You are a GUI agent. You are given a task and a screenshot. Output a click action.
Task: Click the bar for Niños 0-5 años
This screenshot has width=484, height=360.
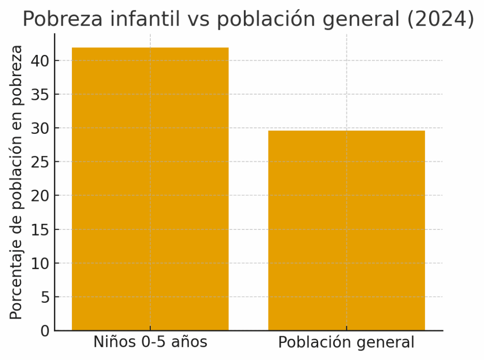(150, 189)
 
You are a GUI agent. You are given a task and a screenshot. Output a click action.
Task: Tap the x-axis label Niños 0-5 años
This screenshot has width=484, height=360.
(150, 342)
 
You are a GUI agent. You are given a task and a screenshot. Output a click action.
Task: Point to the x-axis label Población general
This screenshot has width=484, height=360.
(346, 342)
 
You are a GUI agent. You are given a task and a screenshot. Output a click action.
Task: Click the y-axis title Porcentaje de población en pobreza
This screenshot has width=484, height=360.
(17, 182)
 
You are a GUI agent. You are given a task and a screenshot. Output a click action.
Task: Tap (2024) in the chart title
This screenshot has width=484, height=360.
(443, 19)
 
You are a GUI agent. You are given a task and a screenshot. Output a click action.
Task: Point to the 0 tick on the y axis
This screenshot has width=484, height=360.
(45, 331)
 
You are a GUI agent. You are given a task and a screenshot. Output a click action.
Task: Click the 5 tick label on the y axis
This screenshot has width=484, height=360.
(45, 297)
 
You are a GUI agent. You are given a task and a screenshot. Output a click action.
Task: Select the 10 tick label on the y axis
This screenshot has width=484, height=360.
(41, 263)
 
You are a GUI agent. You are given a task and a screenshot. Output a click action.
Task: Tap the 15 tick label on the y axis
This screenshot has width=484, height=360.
(41, 229)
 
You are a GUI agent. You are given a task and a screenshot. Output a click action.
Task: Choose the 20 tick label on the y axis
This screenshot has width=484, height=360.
(41, 195)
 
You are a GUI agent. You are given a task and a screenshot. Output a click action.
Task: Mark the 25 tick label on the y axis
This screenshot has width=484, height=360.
(41, 162)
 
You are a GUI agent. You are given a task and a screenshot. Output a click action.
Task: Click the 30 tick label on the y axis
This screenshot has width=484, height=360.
(41, 128)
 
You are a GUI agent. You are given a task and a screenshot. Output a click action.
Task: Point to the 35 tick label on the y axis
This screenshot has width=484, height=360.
(41, 94)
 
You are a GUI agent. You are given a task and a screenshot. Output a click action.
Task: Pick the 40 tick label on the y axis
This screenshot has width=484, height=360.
(41, 61)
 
